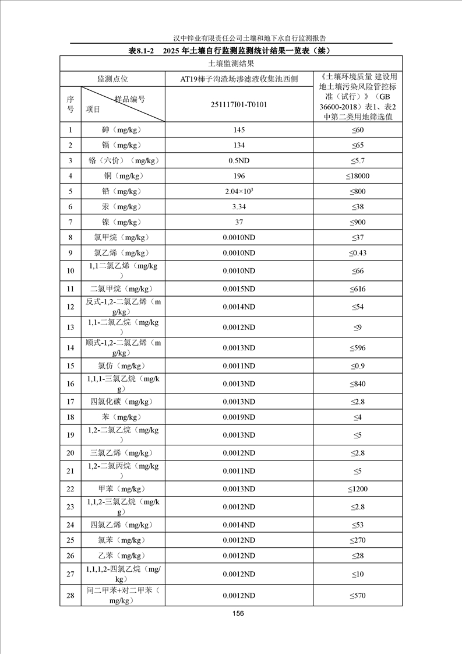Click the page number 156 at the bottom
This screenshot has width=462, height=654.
pos(238,613)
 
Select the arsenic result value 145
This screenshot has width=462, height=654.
pos(239,130)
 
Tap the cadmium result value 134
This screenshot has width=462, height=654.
pos(239,145)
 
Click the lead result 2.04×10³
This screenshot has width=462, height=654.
pos(239,191)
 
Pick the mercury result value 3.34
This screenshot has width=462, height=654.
pos(239,206)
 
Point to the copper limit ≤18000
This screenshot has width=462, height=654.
pos(357,176)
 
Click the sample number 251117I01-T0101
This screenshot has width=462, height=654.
pos(239,104)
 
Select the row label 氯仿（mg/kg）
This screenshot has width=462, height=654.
pos(122,366)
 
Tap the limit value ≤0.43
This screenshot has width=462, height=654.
pos(357,252)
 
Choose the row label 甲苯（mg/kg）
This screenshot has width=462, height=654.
pos(122,489)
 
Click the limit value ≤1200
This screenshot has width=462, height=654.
pos(357,489)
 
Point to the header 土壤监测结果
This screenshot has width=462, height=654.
pos(231,63)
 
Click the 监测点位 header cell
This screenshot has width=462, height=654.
pos(112,79)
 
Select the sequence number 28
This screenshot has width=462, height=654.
pos(70,596)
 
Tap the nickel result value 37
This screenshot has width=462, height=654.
pos(239,222)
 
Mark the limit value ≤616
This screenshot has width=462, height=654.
pos(357,289)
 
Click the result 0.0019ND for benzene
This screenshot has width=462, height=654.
pos(239,418)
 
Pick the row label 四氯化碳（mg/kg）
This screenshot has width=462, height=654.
pos(122,402)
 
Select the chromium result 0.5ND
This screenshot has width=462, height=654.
pos(239,160)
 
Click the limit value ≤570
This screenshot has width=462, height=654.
pos(357,596)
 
